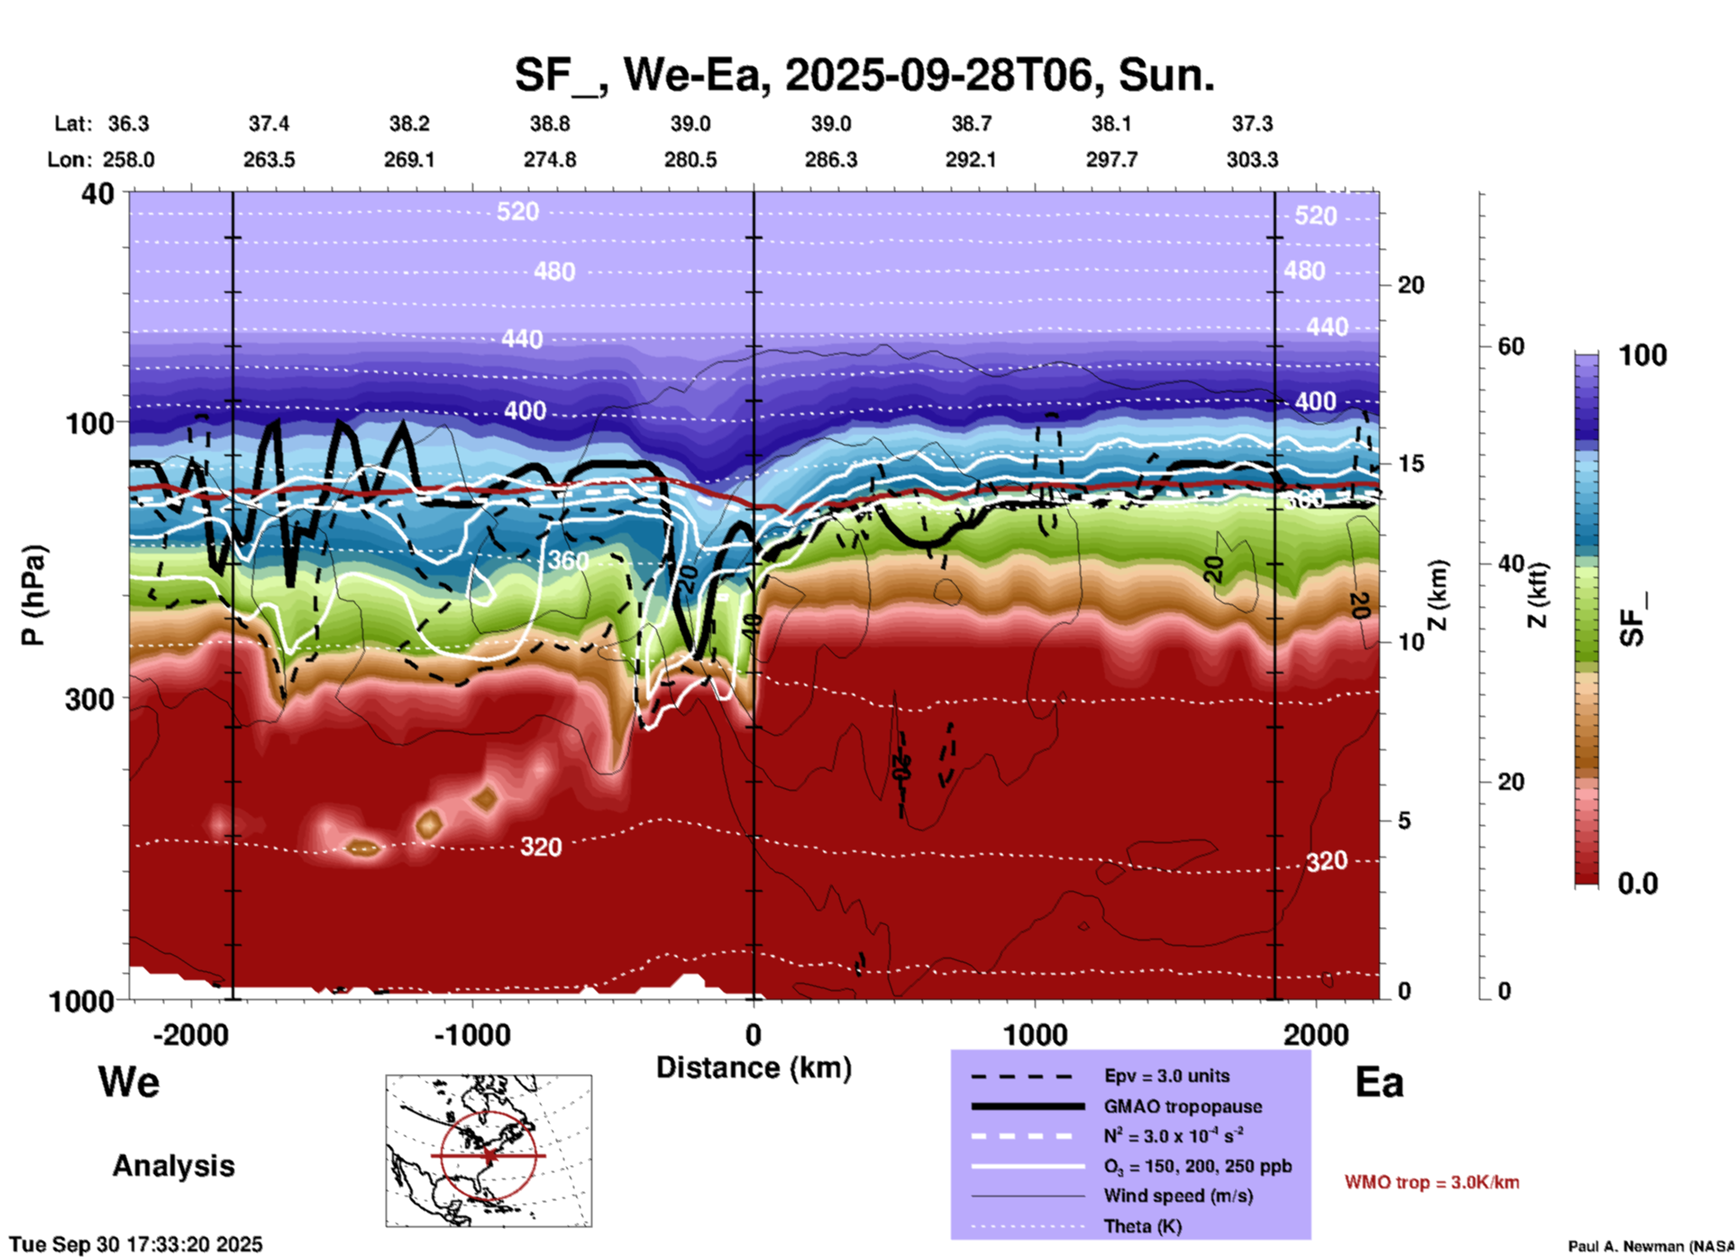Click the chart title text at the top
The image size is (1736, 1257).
click(863, 76)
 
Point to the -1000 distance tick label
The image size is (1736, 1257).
click(471, 1035)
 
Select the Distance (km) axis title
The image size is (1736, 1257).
click(754, 1068)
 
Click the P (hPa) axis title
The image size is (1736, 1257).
click(33, 595)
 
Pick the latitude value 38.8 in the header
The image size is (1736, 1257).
click(550, 124)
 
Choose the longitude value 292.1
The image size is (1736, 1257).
click(971, 160)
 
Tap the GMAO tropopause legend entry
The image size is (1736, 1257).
click(1183, 1106)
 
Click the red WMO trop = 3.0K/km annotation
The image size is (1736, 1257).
click(1431, 1182)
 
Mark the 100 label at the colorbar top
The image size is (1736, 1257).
click(1642, 355)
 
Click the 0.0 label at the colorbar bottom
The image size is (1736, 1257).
click(1637, 884)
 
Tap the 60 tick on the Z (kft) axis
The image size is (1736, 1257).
click(1511, 346)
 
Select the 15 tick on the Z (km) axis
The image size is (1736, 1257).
click(1411, 463)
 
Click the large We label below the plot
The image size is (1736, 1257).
click(129, 1082)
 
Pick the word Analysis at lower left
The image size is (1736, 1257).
click(173, 1166)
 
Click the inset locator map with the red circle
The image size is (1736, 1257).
click(489, 1151)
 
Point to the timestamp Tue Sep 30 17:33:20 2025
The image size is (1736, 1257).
click(136, 1244)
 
